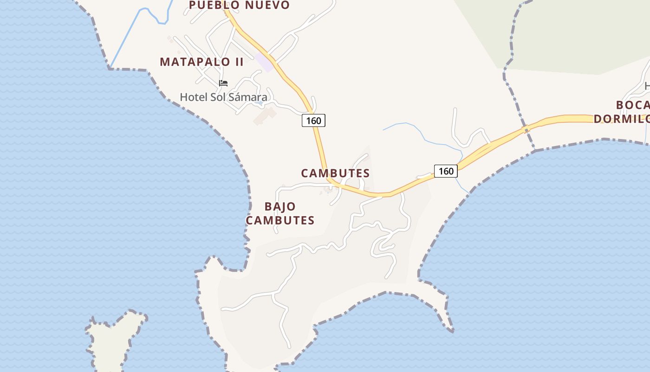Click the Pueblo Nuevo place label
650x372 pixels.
239,5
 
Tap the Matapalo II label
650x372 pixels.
201,62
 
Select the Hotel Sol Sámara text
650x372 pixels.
223,97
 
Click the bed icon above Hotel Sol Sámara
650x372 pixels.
223,84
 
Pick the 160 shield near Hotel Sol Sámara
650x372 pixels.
313,120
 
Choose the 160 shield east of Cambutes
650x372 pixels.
446,171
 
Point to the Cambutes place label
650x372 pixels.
335,173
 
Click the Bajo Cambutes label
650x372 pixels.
280,213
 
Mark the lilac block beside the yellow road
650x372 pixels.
263,62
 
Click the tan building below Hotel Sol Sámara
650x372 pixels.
264,116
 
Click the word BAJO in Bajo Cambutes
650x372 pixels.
280,206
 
